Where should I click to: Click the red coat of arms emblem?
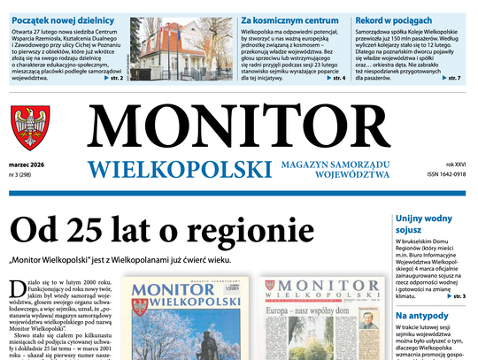tap(30, 127)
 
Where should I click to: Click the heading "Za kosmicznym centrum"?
tap(282, 19)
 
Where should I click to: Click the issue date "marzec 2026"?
tap(29, 164)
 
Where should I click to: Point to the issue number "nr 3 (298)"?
tap(26, 174)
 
